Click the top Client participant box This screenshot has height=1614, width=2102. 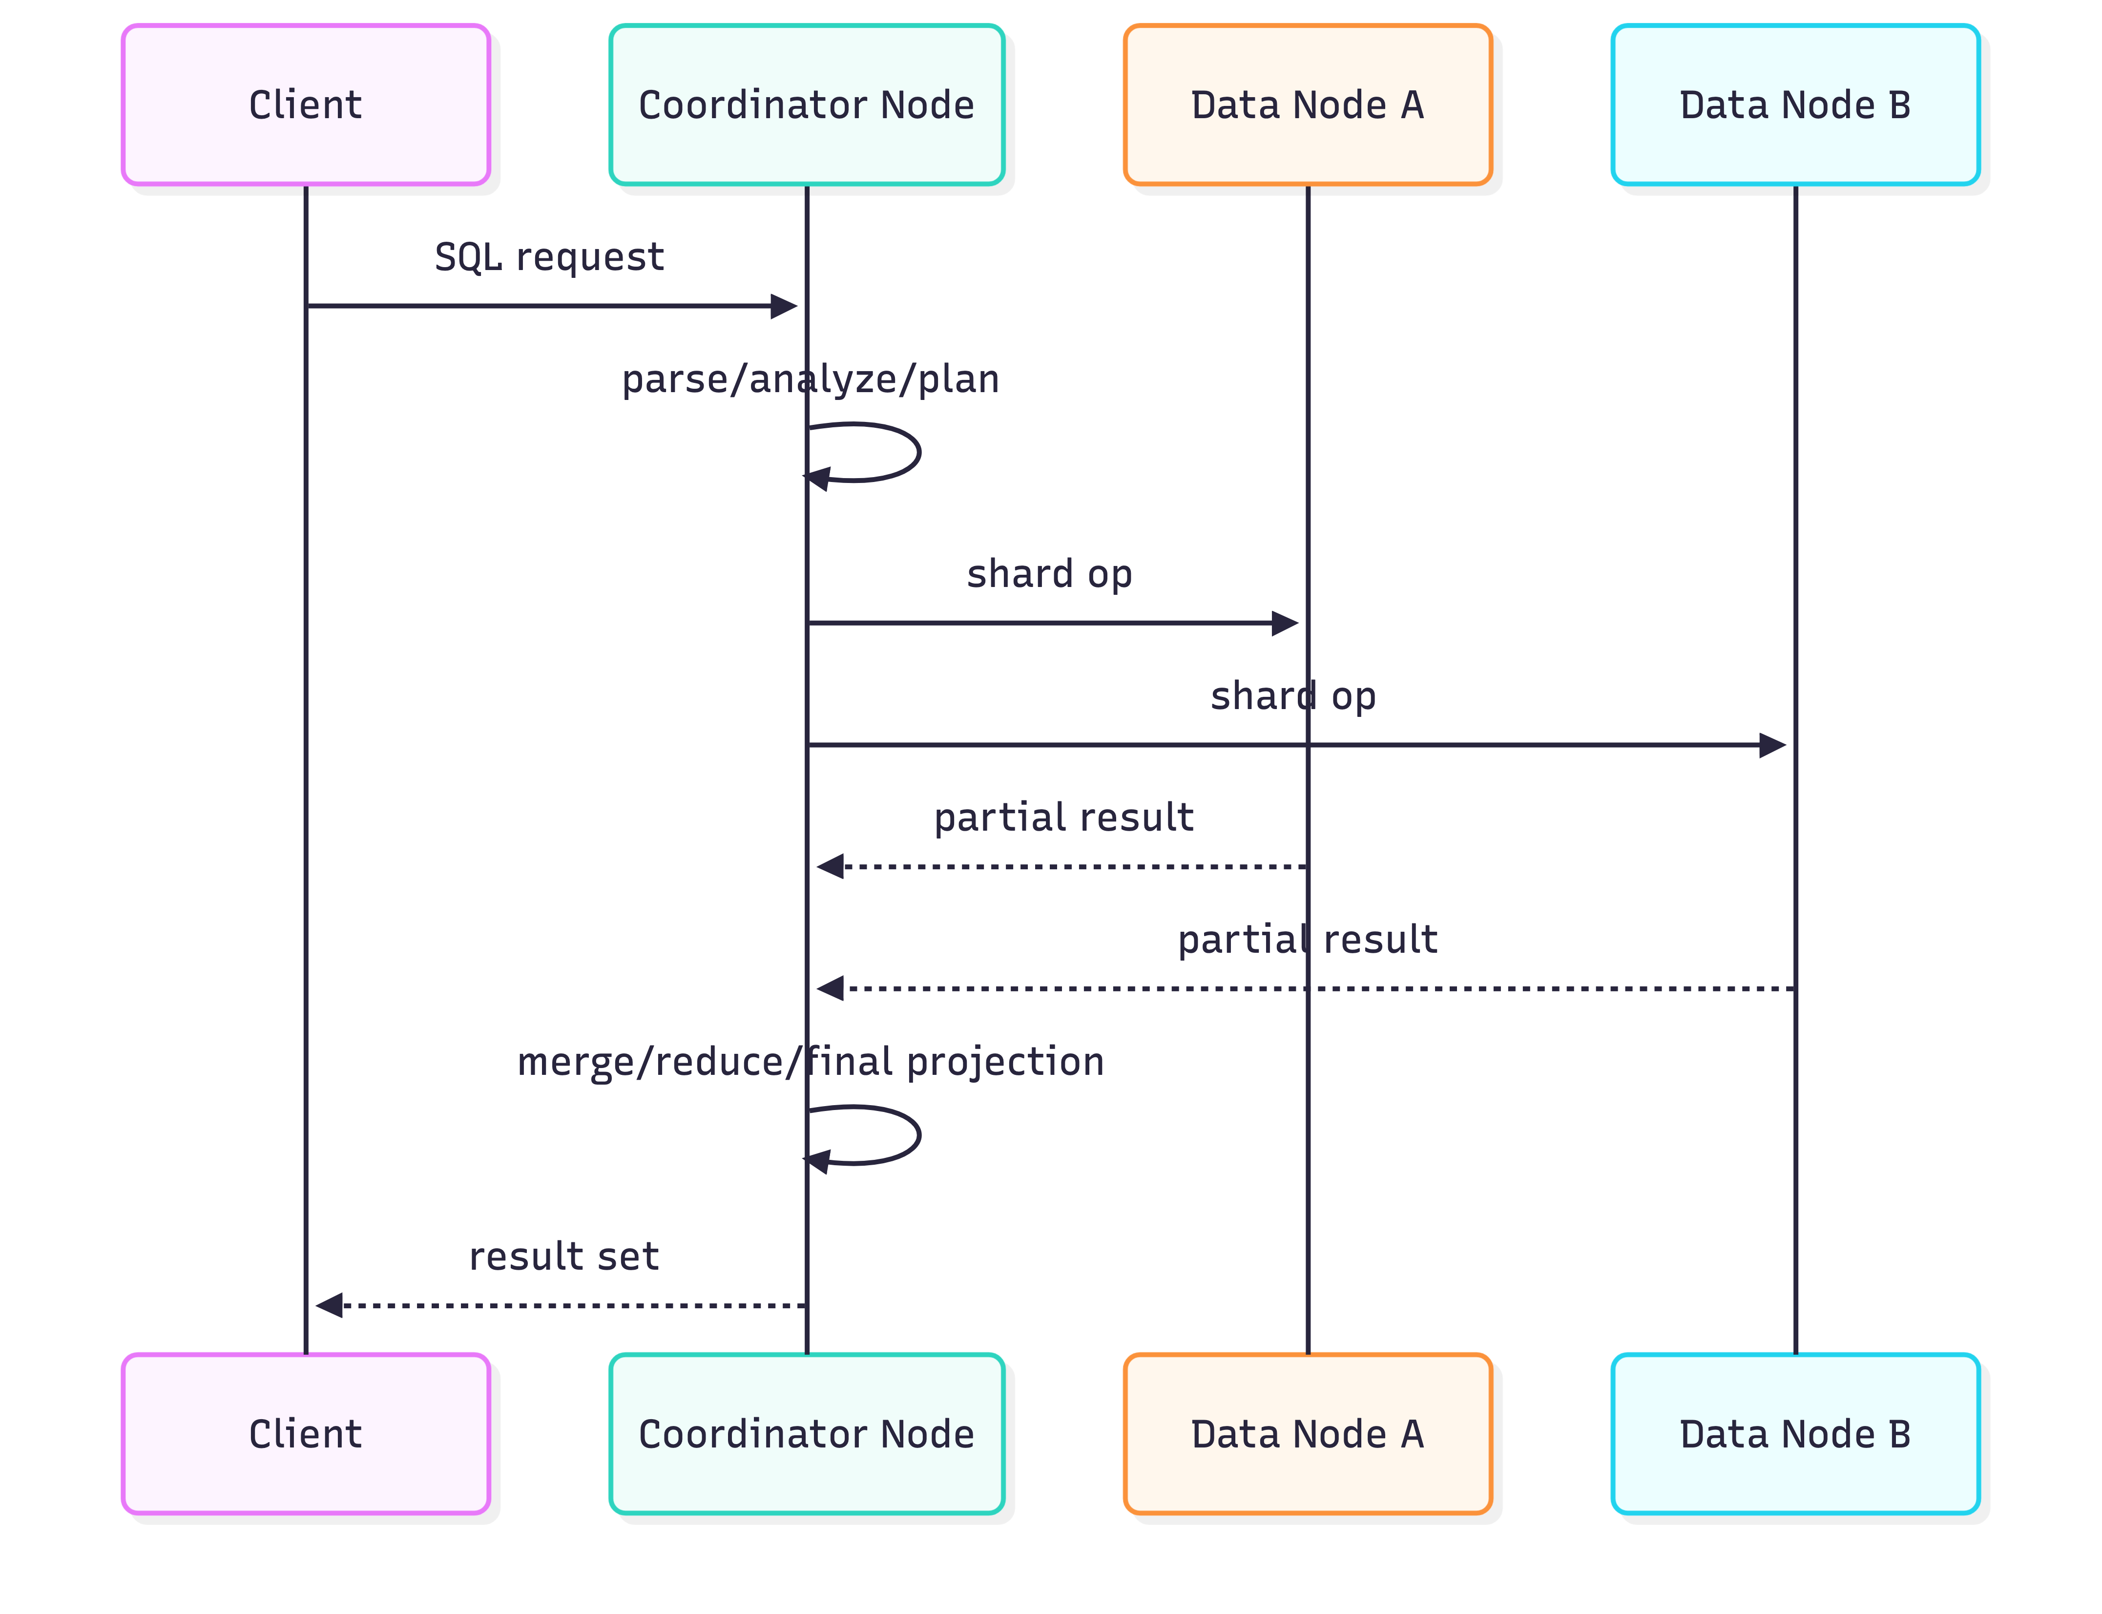point(306,105)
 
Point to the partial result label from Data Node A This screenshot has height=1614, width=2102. point(1063,817)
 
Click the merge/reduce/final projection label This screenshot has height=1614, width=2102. point(810,1062)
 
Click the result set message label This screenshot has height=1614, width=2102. point(564,1257)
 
